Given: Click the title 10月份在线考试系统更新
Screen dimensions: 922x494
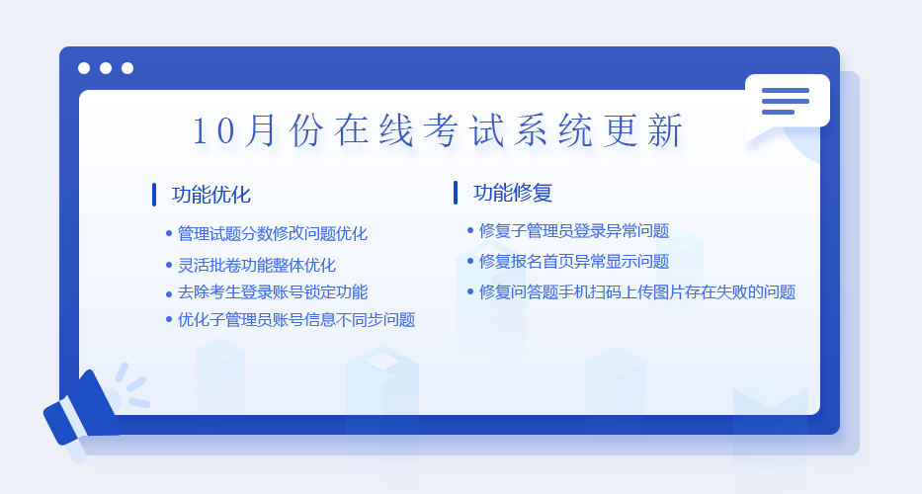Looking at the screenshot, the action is (x=438, y=130).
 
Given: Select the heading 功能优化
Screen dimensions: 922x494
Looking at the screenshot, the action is (x=211, y=195).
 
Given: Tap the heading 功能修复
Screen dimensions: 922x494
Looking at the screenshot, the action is (x=513, y=193).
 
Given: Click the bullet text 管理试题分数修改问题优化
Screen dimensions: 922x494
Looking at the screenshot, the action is (x=273, y=233).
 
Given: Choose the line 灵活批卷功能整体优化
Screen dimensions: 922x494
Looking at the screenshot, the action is (x=257, y=265).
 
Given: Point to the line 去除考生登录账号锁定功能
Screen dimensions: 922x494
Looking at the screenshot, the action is (x=273, y=292).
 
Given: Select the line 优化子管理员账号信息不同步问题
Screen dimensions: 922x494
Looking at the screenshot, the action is (x=296, y=320).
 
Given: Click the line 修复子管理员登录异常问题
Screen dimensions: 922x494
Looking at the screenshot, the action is (x=574, y=230).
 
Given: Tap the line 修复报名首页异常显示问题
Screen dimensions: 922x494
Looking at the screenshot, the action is (x=574, y=261).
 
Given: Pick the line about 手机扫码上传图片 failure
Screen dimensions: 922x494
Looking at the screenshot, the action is (x=637, y=292).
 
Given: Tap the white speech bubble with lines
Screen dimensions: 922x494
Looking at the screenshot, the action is (x=787, y=106).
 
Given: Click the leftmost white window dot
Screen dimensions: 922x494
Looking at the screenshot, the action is (x=84, y=68).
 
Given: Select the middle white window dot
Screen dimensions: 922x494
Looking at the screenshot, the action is (x=106, y=68).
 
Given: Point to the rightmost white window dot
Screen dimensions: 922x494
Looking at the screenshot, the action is (x=127, y=68).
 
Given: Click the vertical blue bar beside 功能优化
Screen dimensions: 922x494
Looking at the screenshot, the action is (x=154, y=195).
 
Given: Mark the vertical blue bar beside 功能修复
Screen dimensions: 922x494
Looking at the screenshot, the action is (x=456, y=193).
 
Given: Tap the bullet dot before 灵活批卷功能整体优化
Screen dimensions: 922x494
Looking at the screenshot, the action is (x=169, y=265).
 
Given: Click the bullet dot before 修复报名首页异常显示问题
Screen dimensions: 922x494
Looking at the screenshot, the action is (x=470, y=261).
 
